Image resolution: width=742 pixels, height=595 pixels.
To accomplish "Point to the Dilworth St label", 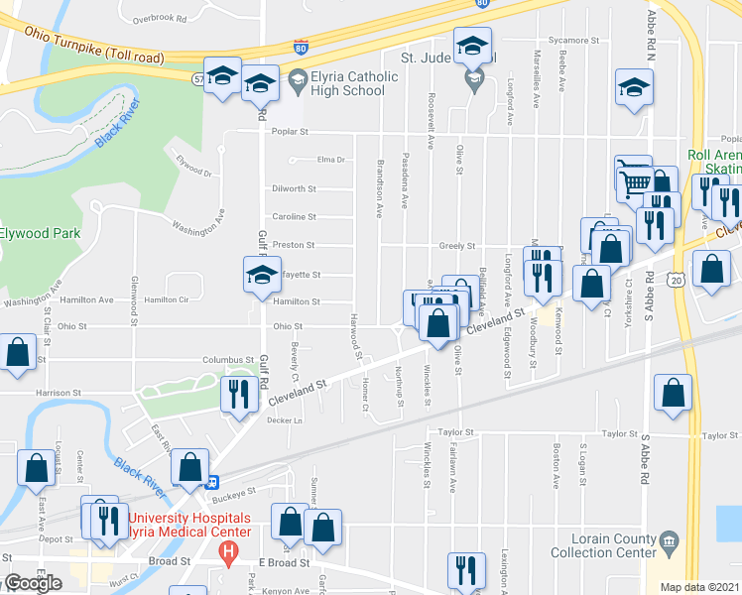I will click(294, 188).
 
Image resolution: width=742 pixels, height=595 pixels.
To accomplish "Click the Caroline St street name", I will click(294, 216).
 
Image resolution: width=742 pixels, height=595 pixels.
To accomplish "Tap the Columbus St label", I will click(230, 360).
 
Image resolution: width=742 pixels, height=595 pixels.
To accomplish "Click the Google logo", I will click(33, 582).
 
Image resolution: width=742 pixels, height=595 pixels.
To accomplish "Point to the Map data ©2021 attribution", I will click(700, 587).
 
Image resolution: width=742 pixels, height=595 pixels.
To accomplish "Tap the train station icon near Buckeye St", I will click(211, 483).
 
